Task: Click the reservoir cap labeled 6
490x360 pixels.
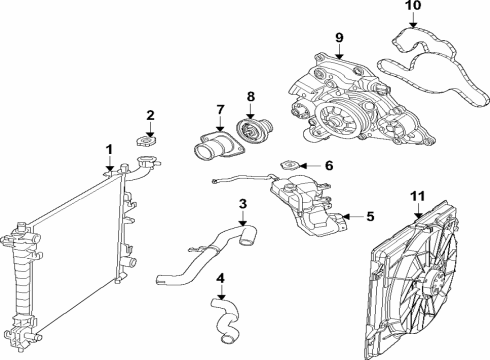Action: point(290,166)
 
